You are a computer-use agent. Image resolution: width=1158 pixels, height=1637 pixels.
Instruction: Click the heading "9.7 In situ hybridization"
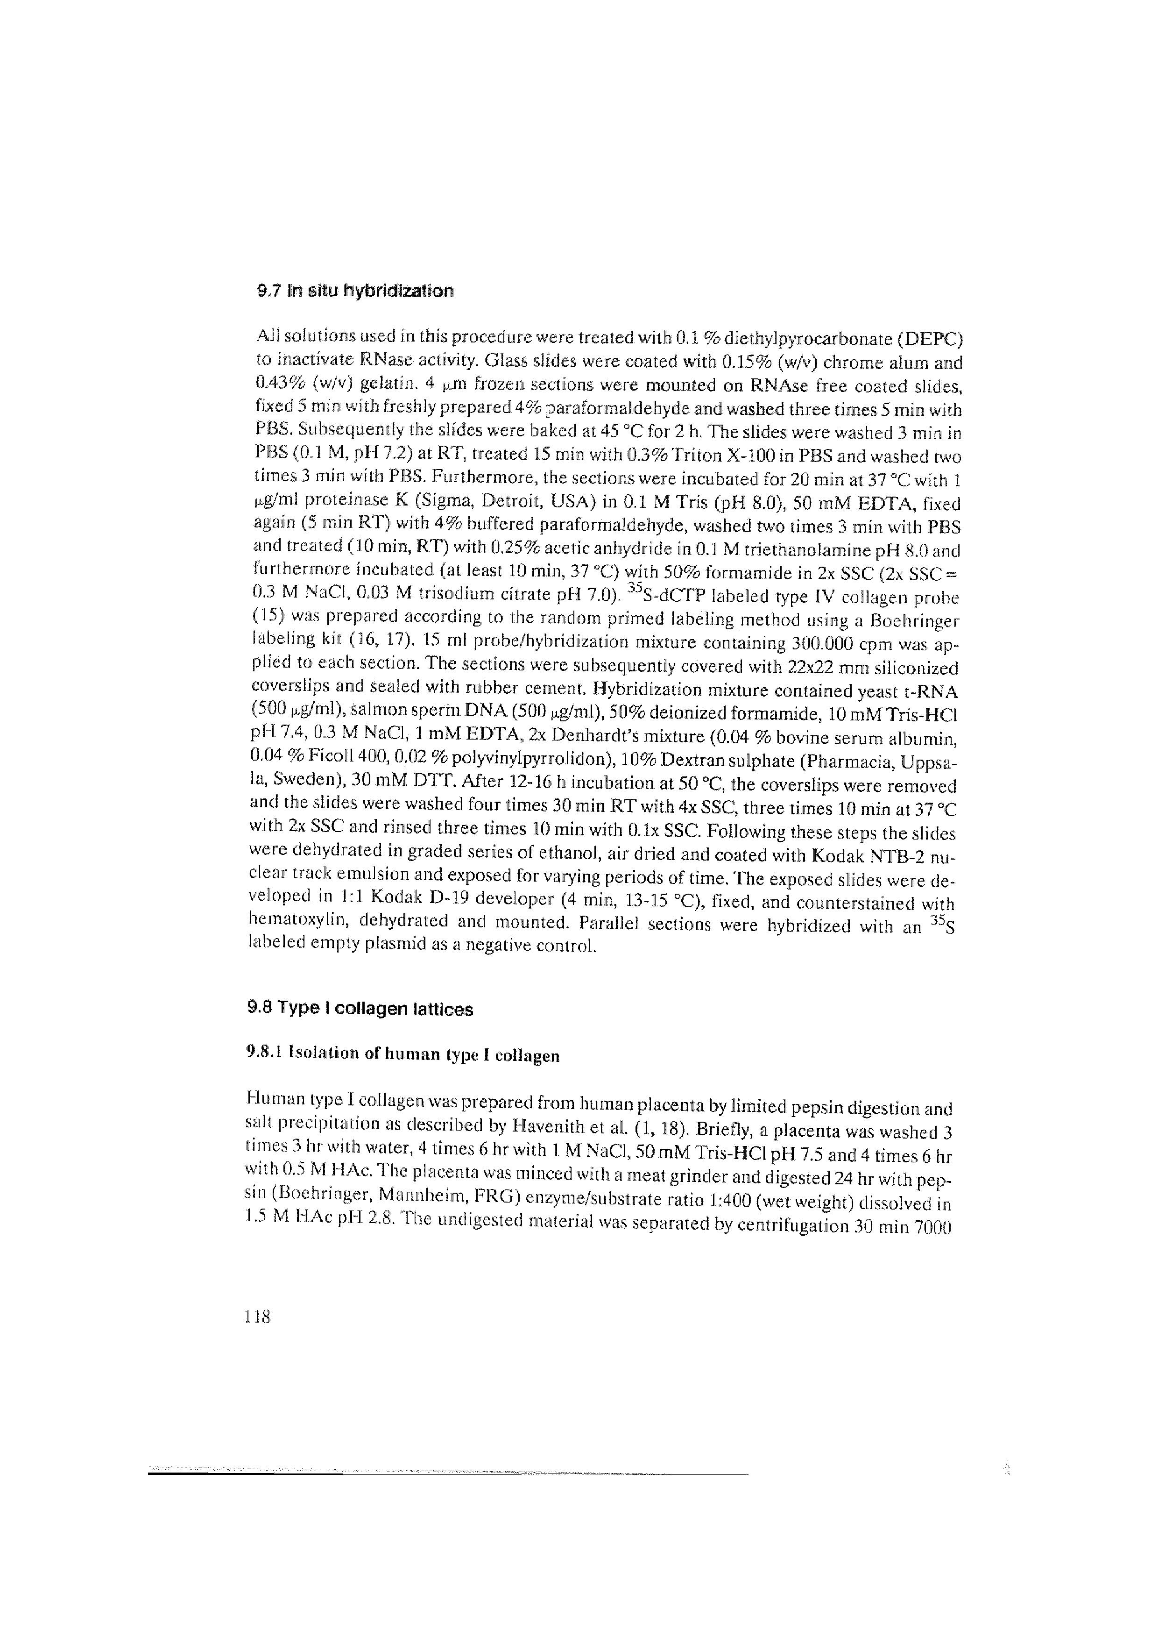click(x=354, y=291)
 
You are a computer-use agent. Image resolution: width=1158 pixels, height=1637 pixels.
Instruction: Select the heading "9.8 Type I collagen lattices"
click(x=360, y=1009)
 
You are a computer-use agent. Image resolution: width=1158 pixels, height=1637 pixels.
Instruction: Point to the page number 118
click(x=257, y=1316)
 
